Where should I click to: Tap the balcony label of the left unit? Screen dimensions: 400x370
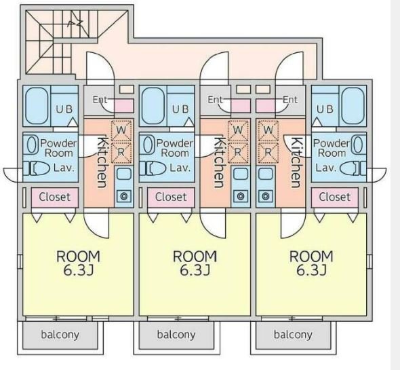pos(60,335)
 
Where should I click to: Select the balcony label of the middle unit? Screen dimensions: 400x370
pos(176,335)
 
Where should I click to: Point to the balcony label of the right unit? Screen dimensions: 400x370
pos(293,335)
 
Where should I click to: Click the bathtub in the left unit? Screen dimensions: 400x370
pos(37,106)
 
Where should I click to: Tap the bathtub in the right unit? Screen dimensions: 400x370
pos(353,106)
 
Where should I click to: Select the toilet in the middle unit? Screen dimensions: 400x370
pos(153,168)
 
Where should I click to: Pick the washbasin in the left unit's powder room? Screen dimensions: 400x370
pos(31,145)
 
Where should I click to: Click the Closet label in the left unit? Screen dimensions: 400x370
pos(55,197)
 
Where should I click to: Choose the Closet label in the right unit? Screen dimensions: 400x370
pos(335,197)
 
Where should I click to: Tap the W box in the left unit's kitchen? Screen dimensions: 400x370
pos(121,130)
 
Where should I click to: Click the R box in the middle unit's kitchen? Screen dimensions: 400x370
pos(238,152)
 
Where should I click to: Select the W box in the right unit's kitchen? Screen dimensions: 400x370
pos(268,130)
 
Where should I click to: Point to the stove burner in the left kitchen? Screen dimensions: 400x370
pos(124,196)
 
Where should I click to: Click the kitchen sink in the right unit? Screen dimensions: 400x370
pos(266,174)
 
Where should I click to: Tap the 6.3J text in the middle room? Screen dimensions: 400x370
pos(195,270)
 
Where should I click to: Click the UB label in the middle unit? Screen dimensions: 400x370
pos(180,109)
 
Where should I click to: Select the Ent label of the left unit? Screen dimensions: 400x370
pos(100,99)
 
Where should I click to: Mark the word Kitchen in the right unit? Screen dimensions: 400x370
pos(296,162)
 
